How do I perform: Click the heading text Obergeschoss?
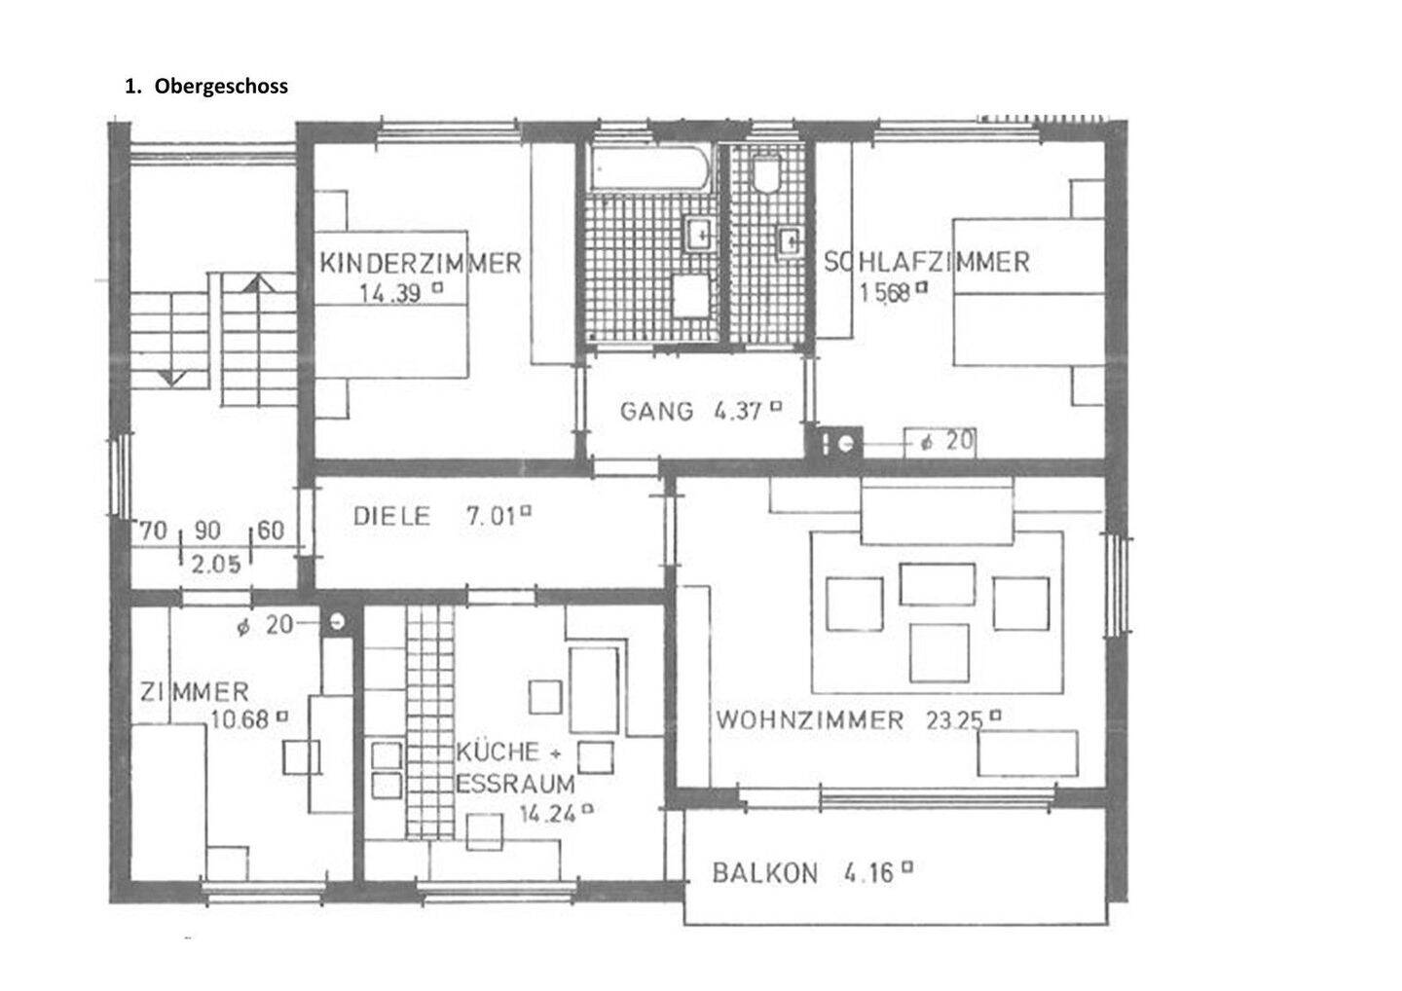tap(220, 86)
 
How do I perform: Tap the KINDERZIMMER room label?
tap(421, 263)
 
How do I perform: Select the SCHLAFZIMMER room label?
tap(926, 262)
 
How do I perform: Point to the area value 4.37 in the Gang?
tap(737, 411)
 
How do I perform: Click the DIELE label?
tap(390, 516)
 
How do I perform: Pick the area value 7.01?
tap(491, 516)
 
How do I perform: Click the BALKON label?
tap(764, 873)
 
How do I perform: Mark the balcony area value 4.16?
tap(868, 873)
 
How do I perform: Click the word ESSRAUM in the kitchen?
tap(515, 784)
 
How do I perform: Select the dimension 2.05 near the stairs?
tap(215, 564)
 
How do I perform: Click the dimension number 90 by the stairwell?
tap(207, 531)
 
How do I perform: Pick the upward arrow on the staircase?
tap(257, 283)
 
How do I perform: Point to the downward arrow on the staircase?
tap(172, 377)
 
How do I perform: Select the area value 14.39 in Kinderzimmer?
tap(390, 292)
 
